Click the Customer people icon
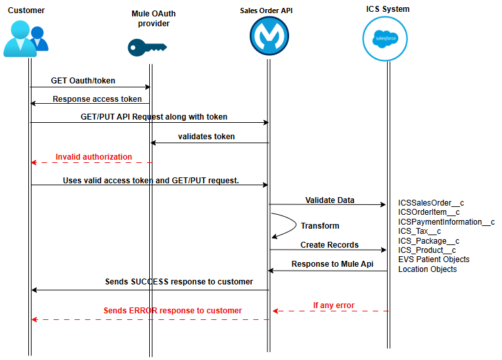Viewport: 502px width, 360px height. pyautogui.click(x=26, y=39)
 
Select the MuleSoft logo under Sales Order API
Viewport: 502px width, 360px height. pyautogui.click(x=269, y=37)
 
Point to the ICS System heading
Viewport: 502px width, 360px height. pyautogui.click(x=388, y=9)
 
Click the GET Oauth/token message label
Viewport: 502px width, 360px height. pyautogui.click(x=83, y=81)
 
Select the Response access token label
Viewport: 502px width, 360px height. pyautogui.click(x=97, y=99)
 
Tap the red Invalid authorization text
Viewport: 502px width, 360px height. pyautogui.click(x=93, y=157)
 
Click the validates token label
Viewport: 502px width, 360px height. pyautogui.click(x=206, y=137)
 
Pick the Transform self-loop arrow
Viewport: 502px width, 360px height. pyautogui.click(x=284, y=225)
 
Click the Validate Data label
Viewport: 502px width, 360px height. pyautogui.click(x=330, y=200)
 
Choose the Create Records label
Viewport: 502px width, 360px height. pyautogui.click(x=329, y=245)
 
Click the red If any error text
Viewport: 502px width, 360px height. pyautogui.click(x=333, y=305)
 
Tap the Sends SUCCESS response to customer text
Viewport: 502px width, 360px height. pyautogui.click(x=179, y=282)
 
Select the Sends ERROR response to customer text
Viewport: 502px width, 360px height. pyautogui.click(x=172, y=311)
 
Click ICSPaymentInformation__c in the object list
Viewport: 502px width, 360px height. pyautogui.click(x=446, y=222)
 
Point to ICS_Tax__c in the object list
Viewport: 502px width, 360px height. pyautogui.click(x=419, y=231)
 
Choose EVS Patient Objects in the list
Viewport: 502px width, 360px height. pyautogui.click(x=434, y=259)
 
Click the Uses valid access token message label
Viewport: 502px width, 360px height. pyautogui.click(x=150, y=180)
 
